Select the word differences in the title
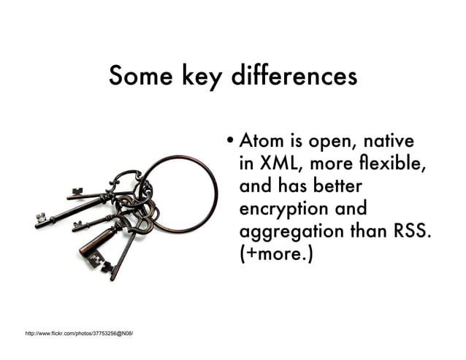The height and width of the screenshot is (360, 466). [x=294, y=75]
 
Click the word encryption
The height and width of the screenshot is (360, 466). [x=286, y=210]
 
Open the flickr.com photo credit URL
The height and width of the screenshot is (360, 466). [x=79, y=333]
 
